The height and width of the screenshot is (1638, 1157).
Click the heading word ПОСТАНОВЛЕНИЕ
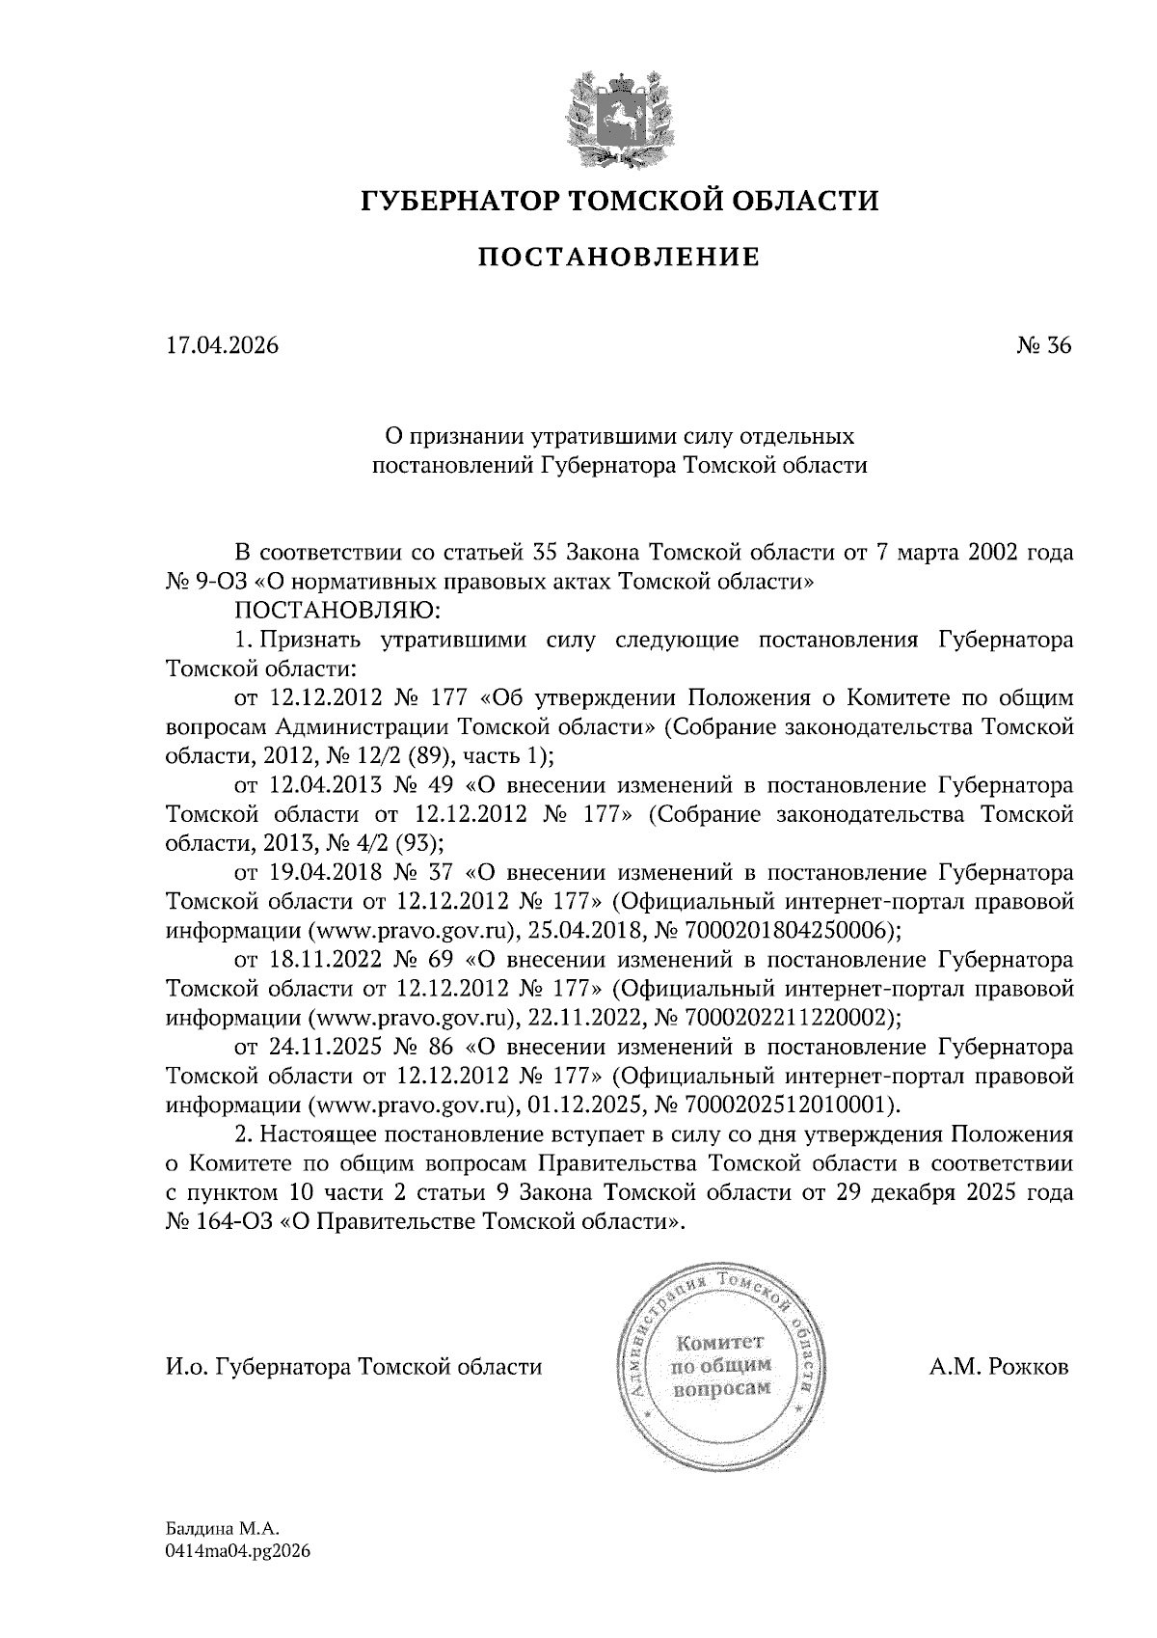point(620,257)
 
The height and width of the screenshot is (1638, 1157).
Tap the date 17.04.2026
point(222,345)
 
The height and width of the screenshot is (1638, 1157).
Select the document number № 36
point(1043,345)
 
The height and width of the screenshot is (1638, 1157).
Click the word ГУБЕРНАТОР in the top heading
point(456,202)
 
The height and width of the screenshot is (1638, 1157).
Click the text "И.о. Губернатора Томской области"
point(354,1367)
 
